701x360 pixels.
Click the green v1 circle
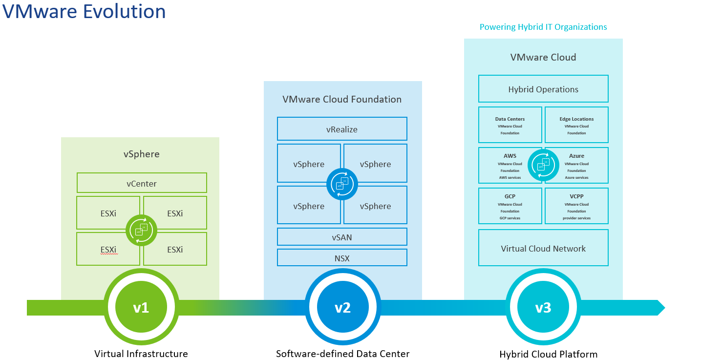point(141,308)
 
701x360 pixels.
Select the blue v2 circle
point(342,308)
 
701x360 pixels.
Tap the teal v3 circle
point(543,308)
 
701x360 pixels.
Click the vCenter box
point(142,184)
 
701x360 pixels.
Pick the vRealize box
point(342,129)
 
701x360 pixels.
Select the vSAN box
point(342,237)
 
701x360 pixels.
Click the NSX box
point(342,258)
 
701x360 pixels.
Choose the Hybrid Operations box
point(543,89)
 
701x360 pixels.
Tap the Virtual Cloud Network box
point(543,249)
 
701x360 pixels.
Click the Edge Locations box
point(576,126)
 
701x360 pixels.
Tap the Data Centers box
point(510,126)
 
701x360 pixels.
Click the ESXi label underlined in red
point(108,250)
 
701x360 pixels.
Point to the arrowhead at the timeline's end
point(660,308)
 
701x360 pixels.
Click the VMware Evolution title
point(84,11)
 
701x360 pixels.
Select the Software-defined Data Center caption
point(342,354)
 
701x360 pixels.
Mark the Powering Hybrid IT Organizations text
point(543,27)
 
